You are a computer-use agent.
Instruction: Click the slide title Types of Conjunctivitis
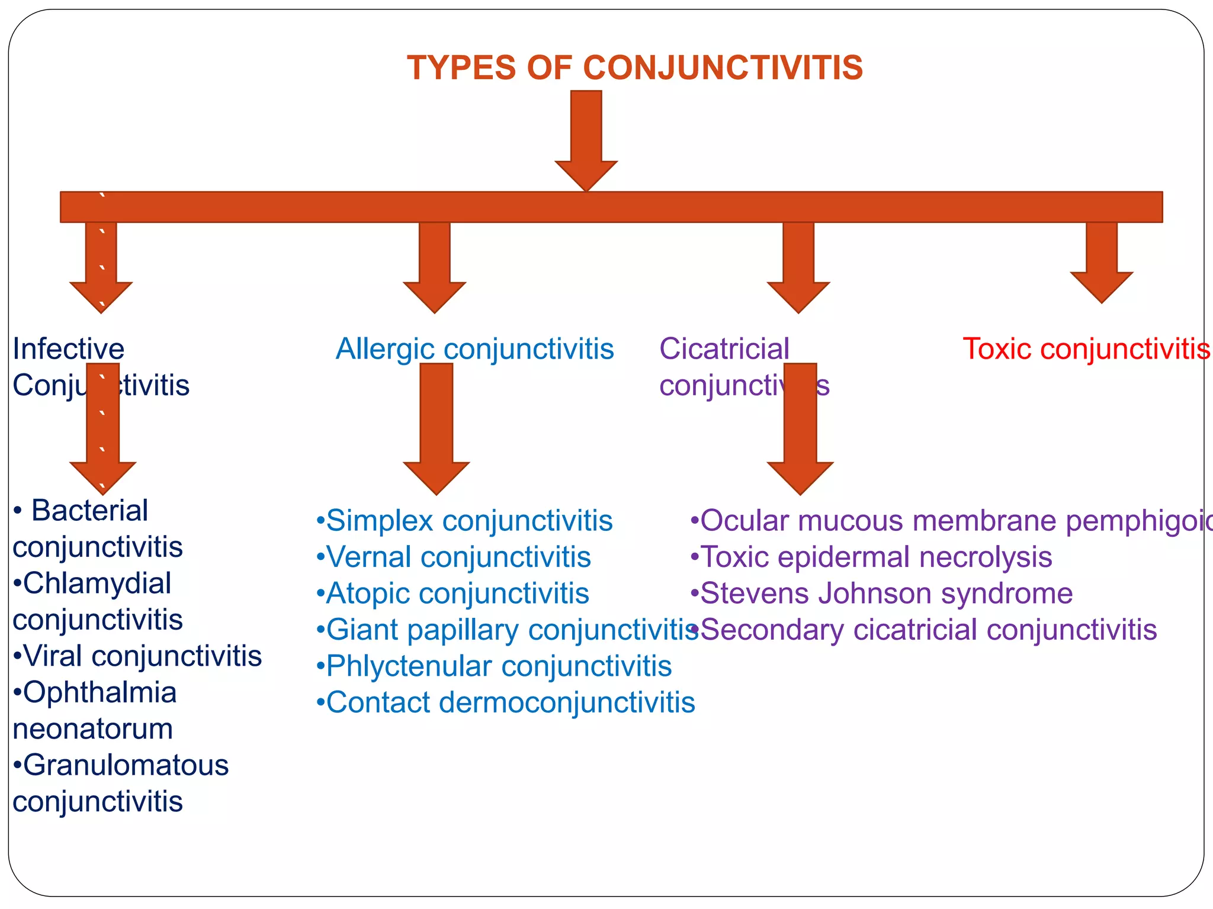(634, 67)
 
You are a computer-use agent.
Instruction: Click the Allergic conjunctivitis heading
(474, 349)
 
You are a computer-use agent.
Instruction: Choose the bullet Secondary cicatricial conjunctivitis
(928, 630)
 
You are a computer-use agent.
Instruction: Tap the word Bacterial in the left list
(89, 510)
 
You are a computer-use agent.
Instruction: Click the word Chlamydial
(97, 583)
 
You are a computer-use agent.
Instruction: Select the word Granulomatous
(126, 765)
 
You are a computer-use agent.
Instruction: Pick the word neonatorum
(93, 729)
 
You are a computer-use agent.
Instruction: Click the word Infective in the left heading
(69, 349)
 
